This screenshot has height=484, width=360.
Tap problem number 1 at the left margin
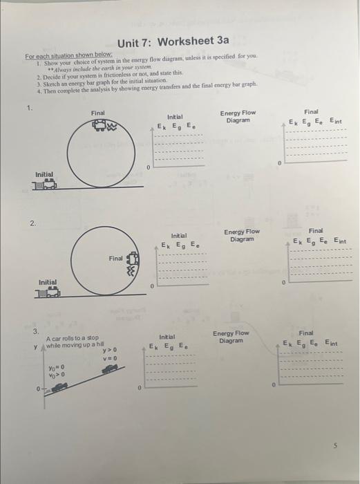click(x=29, y=108)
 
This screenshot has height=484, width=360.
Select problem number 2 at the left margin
click(x=32, y=223)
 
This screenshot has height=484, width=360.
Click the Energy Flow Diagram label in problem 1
click(x=237, y=116)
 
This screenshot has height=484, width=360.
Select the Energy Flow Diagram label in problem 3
click(x=231, y=337)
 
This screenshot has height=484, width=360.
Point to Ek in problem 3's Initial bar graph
click(x=154, y=346)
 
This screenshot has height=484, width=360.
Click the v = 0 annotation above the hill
click(x=108, y=358)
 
